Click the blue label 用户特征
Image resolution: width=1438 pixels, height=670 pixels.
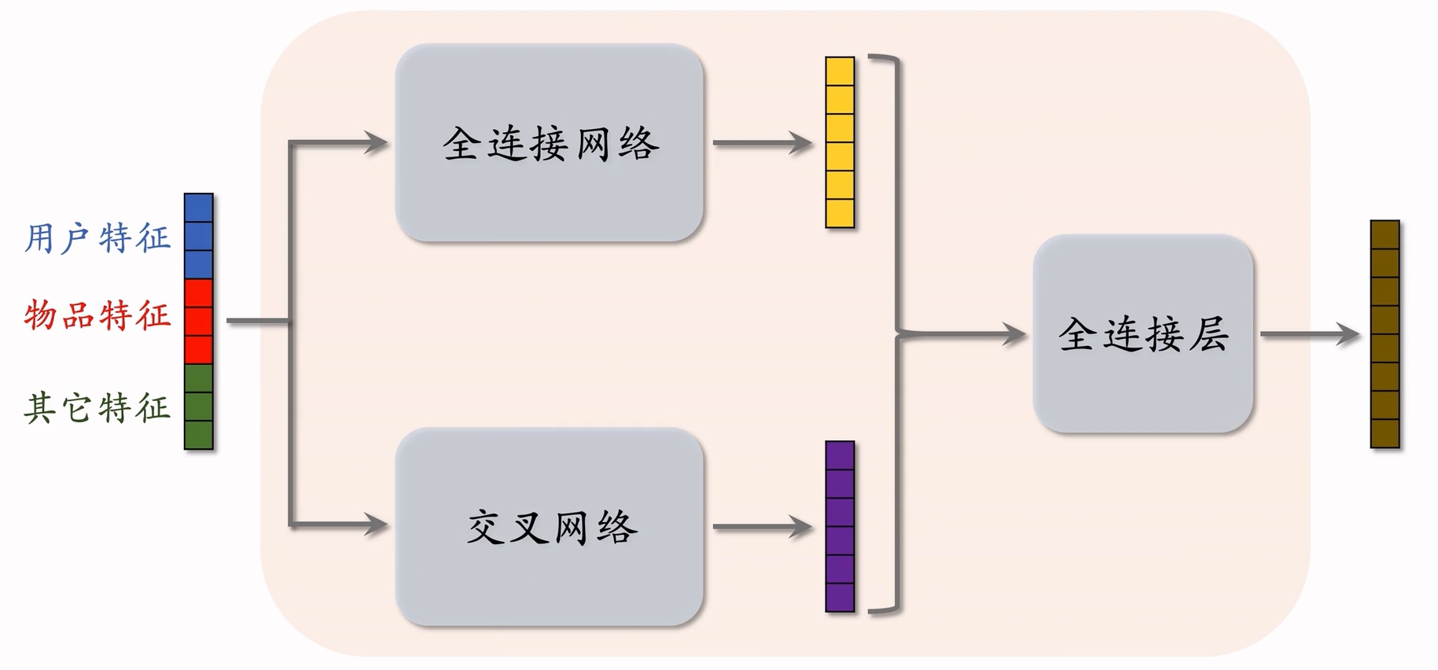97,238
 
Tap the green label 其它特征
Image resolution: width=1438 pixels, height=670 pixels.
97,408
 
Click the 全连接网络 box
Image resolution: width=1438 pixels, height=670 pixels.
549,142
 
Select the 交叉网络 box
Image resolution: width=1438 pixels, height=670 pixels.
549,526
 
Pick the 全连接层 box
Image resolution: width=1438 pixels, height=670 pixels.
1142,333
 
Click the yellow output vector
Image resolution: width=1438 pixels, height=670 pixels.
840,142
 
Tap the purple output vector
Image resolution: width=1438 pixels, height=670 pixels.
840,526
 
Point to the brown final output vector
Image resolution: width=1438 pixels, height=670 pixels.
1385,334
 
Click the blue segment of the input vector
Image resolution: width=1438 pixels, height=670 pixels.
199,236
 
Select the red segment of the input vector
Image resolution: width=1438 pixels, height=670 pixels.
199,321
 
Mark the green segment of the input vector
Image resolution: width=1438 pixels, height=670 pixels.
199,406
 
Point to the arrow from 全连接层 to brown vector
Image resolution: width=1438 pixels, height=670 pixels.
1309,334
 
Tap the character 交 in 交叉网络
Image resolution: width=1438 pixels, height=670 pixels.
485,526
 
